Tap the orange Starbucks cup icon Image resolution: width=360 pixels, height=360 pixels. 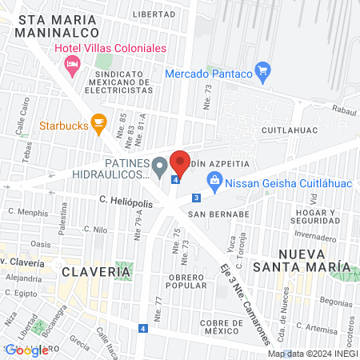pos(99,123)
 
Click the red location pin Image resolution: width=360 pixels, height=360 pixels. pos(180,162)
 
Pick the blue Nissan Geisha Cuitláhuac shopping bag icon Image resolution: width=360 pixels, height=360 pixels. pos(214,182)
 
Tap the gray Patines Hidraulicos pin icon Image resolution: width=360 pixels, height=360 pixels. pos(160,167)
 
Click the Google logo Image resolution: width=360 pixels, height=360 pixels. pos(26,350)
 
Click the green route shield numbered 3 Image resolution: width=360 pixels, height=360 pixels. pos(196,198)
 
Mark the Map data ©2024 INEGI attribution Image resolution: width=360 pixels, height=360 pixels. pos(311,354)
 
